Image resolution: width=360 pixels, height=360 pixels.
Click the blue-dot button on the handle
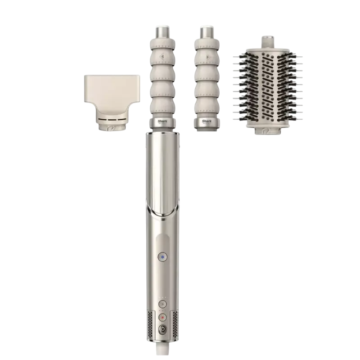[x=161, y=257]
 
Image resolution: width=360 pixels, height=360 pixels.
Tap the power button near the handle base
[x=161, y=329]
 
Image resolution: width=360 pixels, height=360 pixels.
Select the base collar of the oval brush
[x=266, y=131]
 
